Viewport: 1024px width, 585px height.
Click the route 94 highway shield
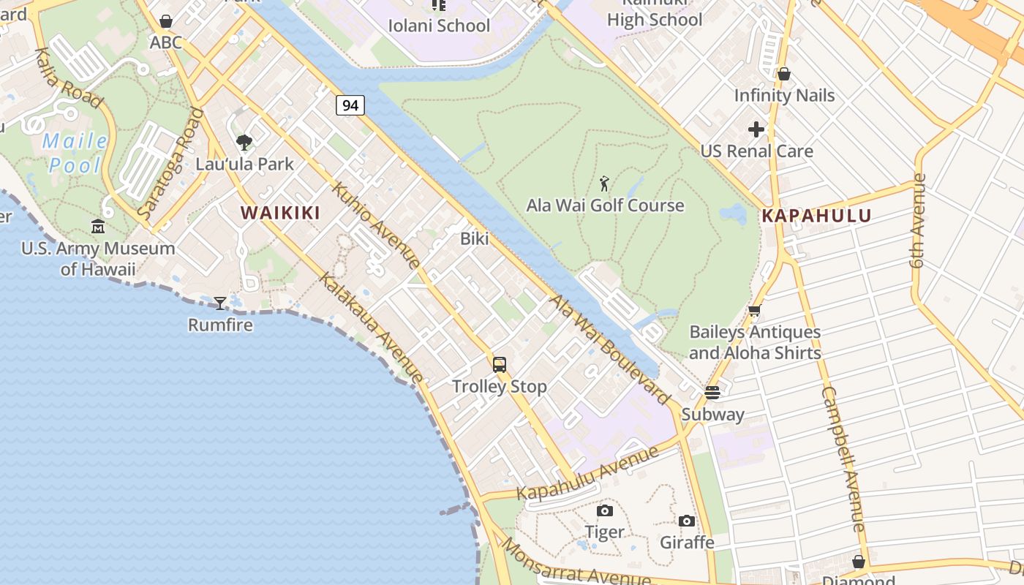(x=350, y=105)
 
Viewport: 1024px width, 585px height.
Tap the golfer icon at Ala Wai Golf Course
(x=604, y=183)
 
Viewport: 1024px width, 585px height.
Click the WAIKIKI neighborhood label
(x=281, y=213)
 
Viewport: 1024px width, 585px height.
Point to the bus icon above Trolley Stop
(x=500, y=364)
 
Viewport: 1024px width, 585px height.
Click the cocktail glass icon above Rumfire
(x=219, y=303)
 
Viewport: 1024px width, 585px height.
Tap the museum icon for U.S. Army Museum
(x=98, y=227)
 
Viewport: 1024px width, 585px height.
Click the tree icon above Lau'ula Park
(x=244, y=142)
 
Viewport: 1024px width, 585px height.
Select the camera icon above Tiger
(x=604, y=510)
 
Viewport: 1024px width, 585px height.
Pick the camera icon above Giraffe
(x=686, y=521)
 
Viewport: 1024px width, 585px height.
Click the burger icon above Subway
(x=712, y=392)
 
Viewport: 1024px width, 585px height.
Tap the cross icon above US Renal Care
(x=756, y=129)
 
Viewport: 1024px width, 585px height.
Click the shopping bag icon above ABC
(x=166, y=21)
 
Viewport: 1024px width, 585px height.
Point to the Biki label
(x=474, y=238)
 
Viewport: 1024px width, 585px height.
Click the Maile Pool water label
(x=75, y=153)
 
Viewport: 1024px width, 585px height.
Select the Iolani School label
(x=439, y=26)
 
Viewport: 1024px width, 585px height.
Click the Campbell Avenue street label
(x=843, y=458)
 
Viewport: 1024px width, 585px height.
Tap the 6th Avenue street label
(x=919, y=220)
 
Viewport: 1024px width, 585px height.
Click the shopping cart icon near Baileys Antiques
(x=755, y=310)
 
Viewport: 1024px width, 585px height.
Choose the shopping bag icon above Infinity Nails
(x=784, y=74)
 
